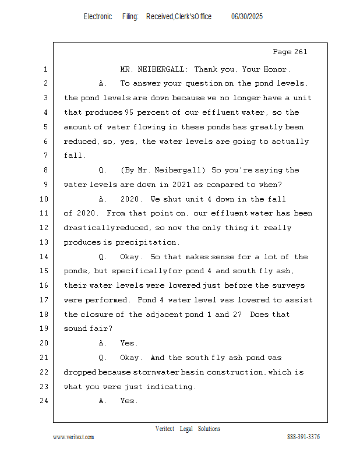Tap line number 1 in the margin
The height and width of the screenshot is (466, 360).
[45, 69]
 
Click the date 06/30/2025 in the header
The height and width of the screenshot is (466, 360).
[247, 17]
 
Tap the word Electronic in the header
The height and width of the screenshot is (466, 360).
[98, 17]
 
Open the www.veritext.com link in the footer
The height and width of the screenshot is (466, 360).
[73, 437]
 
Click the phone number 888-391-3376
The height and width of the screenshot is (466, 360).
[303, 437]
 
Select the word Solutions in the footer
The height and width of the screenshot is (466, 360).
[209, 429]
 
